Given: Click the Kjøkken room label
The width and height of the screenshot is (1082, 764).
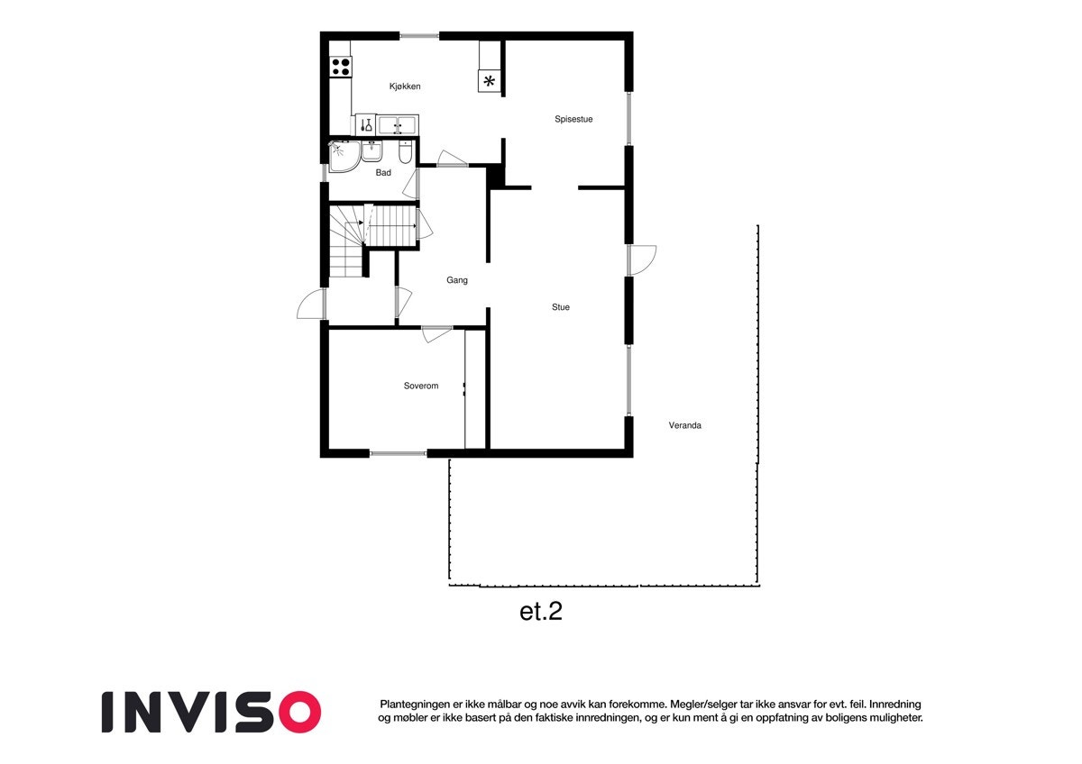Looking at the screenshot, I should point(405,86).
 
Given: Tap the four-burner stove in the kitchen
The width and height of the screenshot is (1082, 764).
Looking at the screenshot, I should point(341,66).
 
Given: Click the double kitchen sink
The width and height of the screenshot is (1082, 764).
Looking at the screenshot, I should point(397,124).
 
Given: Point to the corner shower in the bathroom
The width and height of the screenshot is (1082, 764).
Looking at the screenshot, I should point(342,156).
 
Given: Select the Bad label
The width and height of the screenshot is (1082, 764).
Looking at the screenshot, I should point(383,173).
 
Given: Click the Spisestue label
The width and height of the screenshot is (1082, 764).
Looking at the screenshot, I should point(573,119).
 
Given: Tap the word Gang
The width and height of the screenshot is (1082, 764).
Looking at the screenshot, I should point(457,280).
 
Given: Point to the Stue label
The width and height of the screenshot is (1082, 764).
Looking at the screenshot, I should point(561,307).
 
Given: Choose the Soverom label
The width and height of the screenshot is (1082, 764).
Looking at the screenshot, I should point(420,387).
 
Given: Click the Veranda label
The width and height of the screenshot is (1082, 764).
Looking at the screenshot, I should point(684,425).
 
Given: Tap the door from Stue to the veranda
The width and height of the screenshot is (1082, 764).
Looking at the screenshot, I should point(642,260).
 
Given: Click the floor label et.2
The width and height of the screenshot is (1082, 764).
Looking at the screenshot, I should point(541,612).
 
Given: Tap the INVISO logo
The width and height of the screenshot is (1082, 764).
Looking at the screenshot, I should point(211,712).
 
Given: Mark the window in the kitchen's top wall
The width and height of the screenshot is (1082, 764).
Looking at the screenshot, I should point(419,36).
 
